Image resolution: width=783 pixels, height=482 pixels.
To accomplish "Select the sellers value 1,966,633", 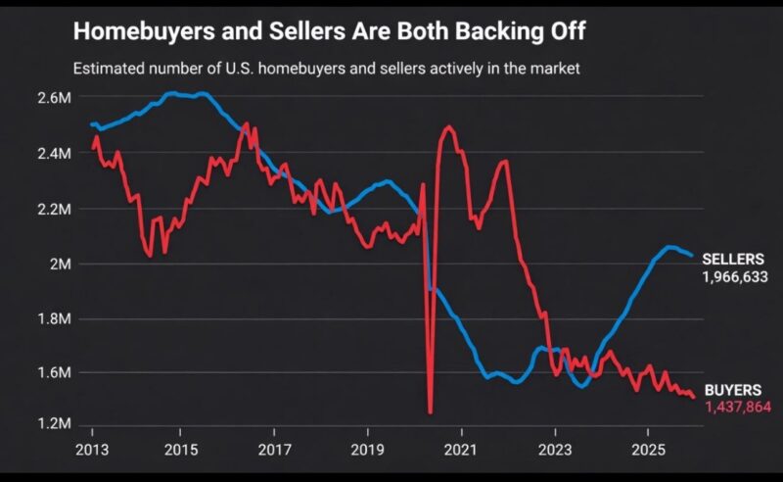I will (x=734, y=277).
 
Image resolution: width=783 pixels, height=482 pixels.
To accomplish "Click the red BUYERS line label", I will (x=732, y=389).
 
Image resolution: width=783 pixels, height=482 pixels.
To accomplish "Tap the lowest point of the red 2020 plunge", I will (x=430, y=412).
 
